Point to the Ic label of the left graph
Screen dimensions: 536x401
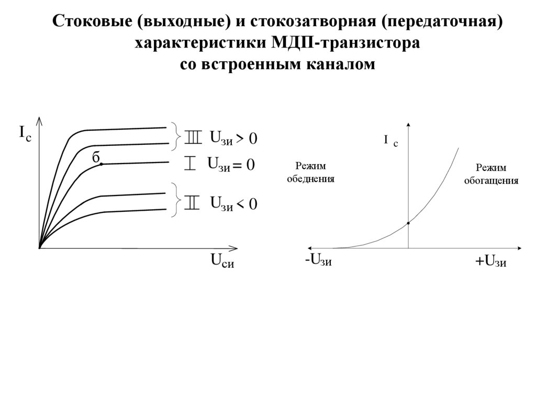(25, 133)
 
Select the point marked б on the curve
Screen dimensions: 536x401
(100, 164)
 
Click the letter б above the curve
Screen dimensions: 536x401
(95, 156)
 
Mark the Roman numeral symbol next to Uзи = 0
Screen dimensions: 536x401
(190, 164)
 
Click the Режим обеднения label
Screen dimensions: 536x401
(310, 173)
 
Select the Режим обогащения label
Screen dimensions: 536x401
(491, 175)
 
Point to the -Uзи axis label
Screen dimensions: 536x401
(318, 260)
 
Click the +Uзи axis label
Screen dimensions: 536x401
(490, 261)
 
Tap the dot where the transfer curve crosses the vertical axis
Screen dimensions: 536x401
(408, 223)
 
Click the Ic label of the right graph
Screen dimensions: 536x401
(390, 141)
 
